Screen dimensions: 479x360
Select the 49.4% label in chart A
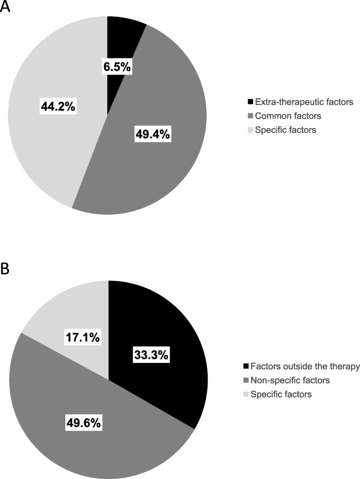[151, 134]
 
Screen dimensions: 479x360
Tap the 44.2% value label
[58, 107]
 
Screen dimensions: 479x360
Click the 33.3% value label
[151, 355]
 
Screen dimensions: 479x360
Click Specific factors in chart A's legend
[278, 129]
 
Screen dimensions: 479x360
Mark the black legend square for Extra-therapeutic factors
[249, 101]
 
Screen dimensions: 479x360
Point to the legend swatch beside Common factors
[249, 115]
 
